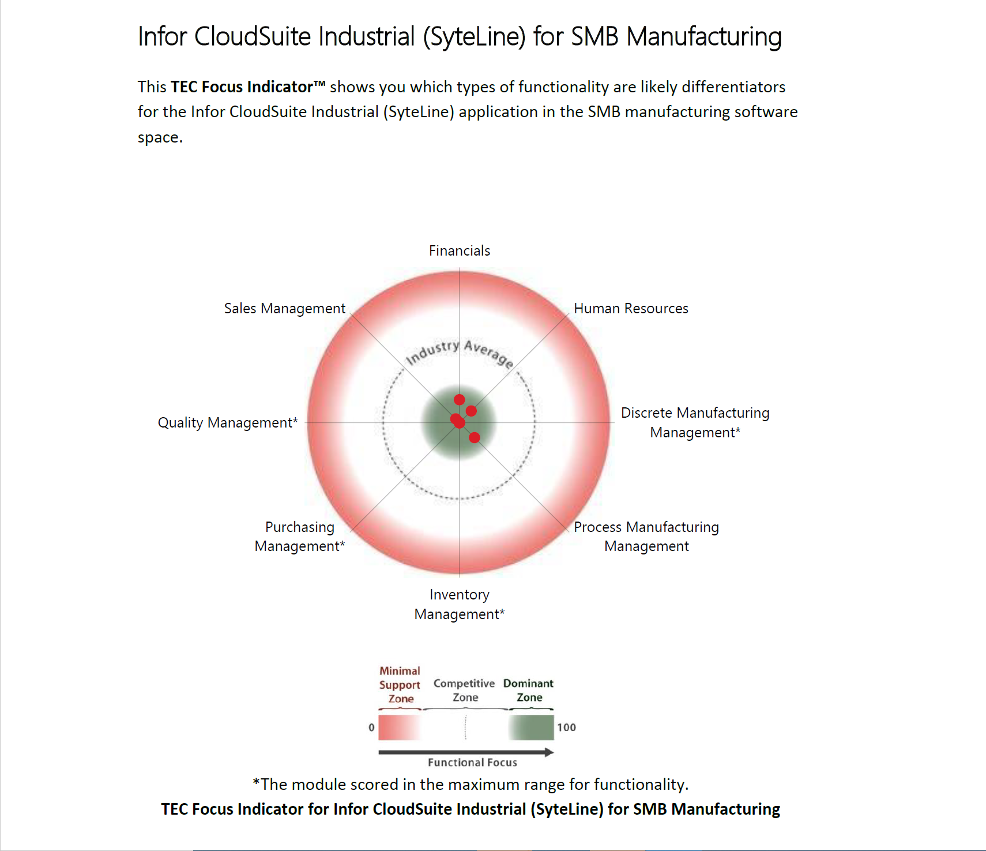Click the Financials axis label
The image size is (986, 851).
pos(459,251)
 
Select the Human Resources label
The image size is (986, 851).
pos(631,309)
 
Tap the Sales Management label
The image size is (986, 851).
pos(284,309)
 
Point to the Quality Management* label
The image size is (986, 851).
pos(228,423)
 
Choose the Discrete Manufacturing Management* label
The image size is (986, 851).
pos(695,422)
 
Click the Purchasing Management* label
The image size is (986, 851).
pos(299,537)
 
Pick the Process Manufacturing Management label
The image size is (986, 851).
pos(646,537)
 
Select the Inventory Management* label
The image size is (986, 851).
pos(459,604)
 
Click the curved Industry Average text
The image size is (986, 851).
pos(460,353)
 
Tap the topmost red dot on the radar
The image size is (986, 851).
pos(459,400)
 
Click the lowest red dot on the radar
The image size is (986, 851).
pos(475,437)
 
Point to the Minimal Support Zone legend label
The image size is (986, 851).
pos(400,685)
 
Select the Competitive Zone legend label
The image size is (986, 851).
pos(464,690)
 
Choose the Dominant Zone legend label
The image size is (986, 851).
pos(528,690)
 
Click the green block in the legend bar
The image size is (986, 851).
pos(531,728)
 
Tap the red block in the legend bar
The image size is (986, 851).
pos(399,728)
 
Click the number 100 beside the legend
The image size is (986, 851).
pos(566,728)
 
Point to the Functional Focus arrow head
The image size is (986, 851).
pos(549,752)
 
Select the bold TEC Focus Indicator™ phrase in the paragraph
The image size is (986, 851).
pos(248,87)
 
